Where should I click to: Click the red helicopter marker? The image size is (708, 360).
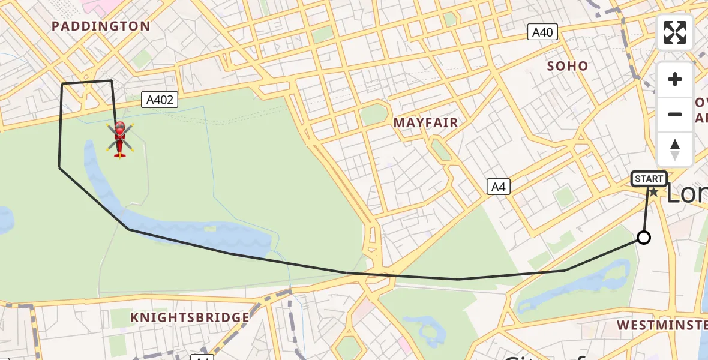[x=119, y=139]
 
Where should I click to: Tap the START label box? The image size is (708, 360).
[x=649, y=179]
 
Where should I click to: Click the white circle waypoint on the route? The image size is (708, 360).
[x=643, y=238]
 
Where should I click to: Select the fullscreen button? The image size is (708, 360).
[x=675, y=32]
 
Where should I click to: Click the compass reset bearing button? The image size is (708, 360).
[x=675, y=149]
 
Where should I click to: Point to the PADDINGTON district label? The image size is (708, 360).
[x=101, y=26]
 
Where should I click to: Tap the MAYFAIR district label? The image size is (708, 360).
[x=425, y=123]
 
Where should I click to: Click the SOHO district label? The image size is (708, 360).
[x=567, y=66]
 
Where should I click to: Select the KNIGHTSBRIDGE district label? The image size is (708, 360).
[x=190, y=317]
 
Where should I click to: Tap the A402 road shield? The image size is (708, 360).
[x=160, y=100]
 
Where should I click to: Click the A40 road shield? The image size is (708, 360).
[x=542, y=32]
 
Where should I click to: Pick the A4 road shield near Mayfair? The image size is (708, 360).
[x=498, y=187]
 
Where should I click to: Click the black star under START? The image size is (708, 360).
[x=653, y=192]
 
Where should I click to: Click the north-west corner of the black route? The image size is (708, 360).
[x=62, y=84]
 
